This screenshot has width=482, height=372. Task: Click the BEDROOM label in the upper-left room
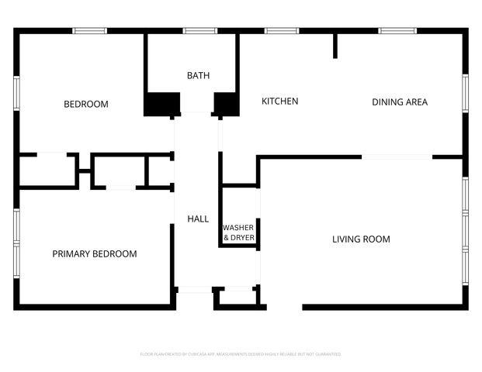point(85,104)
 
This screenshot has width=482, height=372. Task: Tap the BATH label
point(198,75)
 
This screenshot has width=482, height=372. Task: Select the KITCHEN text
point(279,102)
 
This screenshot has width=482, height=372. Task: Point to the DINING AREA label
point(399,102)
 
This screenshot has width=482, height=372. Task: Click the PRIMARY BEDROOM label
point(94,253)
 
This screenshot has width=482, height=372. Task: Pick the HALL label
point(198,219)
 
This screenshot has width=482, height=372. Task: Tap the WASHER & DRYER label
point(238,232)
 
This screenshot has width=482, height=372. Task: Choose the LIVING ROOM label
point(361,239)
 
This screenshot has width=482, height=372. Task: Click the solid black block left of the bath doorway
point(161,104)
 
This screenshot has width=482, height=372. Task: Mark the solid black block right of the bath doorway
point(226,104)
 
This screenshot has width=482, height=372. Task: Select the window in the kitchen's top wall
point(281,31)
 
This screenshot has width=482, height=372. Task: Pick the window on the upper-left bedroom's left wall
point(16,93)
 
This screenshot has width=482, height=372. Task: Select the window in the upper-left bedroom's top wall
point(89,31)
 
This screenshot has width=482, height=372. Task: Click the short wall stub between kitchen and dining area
point(335,46)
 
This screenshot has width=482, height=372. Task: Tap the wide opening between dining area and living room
point(397,157)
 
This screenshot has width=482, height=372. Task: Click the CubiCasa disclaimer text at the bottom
point(241,354)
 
